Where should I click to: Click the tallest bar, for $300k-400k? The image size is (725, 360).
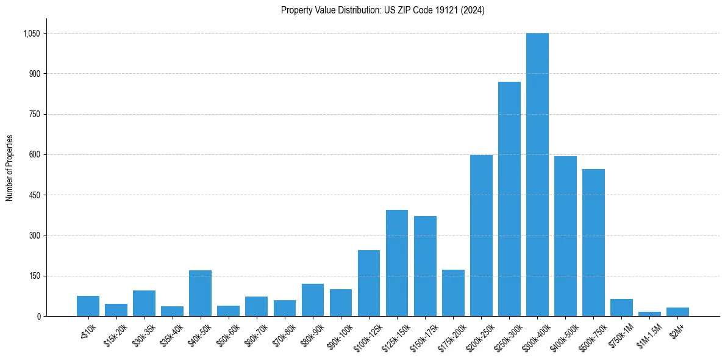pyautogui.click(x=537, y=175)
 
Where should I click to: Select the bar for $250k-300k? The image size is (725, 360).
pyautogui.click(x=509, y=199)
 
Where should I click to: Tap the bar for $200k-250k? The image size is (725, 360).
pyautogui.click(x=481, y=236)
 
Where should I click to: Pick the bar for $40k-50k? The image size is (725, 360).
pyautogui.click(x=200, y=293)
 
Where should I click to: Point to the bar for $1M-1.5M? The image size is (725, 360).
pyautogui.click(x=649, y=314)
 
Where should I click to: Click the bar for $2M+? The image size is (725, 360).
pyautogui.click(x=677, y=312)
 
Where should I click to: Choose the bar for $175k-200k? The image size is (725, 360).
pyautogui.click(x=453, y=293)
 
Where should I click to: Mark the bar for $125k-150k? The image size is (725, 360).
pyautogui.click(x=397, y=263)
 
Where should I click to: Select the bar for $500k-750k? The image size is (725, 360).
pyautogui.click(x=593, y=243)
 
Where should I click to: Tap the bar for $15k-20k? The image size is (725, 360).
pyautogui.click(x=116, y=310)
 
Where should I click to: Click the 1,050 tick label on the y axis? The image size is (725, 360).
pyautogui.click(x=31, y=34)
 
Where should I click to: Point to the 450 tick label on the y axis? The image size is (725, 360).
pyautogui.click(x=34, y=195)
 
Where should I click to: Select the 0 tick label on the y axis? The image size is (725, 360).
pyautogui.click(x=38, y=316)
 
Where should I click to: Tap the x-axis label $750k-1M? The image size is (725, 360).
pyautogui.click(x=621, y=334)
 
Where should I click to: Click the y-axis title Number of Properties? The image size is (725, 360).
pyautogui.click(x=10, y=168)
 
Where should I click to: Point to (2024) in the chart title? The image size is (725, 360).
pyautogui.click(x=473, y=10)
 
